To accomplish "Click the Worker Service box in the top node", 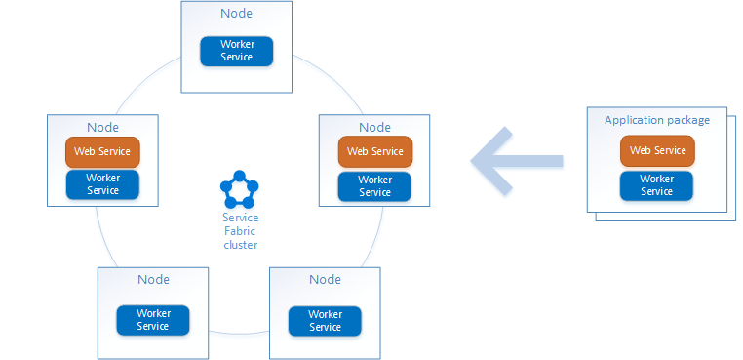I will (x=237, y=51).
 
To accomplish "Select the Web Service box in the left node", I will (x=102, y=152).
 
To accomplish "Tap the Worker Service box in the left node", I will (x=102, y=184).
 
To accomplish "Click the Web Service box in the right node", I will (x=375, y=151).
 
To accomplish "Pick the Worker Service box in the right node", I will (x=375, y=185).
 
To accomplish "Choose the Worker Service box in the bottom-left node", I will (x=153, y=320).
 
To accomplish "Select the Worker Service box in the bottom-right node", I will (x=325, y=321).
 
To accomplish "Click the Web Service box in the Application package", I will (x=656, y=150).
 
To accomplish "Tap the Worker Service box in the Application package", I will (x=656, y=185).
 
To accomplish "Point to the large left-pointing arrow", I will (x=517, y=158).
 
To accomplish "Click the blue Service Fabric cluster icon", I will (x=239, y=189).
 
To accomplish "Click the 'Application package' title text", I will (x=657, y=120).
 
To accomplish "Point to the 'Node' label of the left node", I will (x=102, y=127).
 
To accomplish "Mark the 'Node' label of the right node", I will (x=375, y=127).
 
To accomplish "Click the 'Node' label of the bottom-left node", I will (x=153, y=280).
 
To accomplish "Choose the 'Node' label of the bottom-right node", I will (x=325, y=280).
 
